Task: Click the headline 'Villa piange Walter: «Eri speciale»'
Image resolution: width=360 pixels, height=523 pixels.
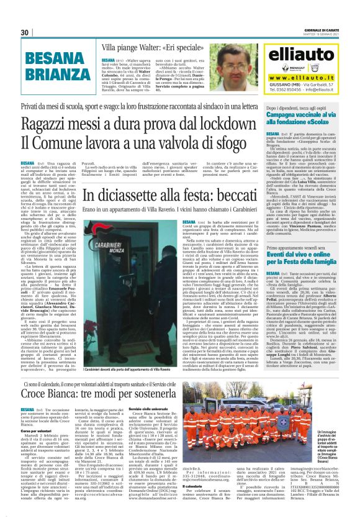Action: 138,46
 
